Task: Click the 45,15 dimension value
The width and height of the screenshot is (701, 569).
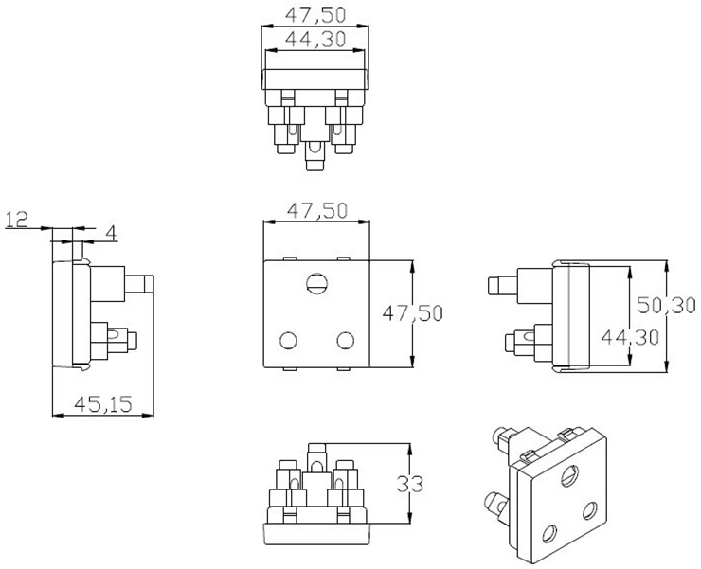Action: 103,404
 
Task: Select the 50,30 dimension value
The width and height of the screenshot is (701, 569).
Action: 666,305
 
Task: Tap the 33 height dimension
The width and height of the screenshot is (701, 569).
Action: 410,484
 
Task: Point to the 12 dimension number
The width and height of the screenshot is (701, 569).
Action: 16,219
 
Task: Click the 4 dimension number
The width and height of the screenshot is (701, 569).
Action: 111,233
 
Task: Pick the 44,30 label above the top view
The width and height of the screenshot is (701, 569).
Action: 315,40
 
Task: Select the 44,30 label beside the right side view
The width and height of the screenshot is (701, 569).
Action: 630,337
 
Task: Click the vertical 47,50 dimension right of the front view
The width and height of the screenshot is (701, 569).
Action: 413,313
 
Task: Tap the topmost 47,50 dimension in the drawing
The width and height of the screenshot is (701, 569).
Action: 315,15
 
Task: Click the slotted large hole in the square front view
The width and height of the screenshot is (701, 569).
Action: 317,283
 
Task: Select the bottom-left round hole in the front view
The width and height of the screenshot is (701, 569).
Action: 288,341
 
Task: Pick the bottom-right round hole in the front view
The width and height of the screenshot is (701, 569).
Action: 346,341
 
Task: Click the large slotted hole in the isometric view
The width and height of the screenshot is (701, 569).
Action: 570,475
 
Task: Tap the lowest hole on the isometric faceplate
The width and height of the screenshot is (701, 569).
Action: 549,533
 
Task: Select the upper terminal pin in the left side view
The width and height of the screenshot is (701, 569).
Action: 139,284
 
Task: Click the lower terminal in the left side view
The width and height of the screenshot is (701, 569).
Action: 114,341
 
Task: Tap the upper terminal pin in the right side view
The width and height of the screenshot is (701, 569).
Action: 503,286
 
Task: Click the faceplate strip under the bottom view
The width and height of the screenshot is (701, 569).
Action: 317,534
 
